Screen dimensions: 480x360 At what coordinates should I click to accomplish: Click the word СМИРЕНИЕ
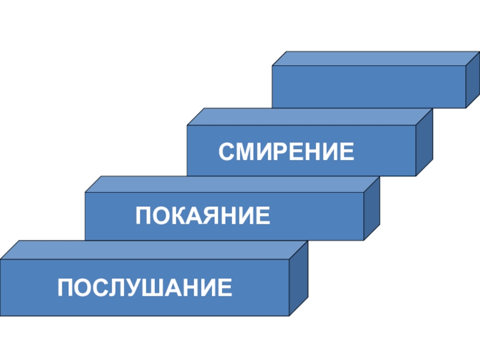coord(286,151)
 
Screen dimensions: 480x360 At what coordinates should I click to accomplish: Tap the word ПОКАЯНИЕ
coord(203,215)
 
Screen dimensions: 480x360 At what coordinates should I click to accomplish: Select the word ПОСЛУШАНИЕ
coord(145,288)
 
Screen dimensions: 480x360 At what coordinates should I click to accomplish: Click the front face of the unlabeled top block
coord(368,86)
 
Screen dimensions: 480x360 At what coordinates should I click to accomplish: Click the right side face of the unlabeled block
coord(473,79)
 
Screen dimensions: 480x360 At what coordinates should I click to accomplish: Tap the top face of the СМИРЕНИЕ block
coord(309,116)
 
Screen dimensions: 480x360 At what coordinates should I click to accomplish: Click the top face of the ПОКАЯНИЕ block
coord(232,184)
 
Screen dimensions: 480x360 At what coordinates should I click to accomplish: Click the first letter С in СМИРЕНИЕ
coord(227,151)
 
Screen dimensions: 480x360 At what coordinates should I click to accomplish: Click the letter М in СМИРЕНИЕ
coord(244,151)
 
